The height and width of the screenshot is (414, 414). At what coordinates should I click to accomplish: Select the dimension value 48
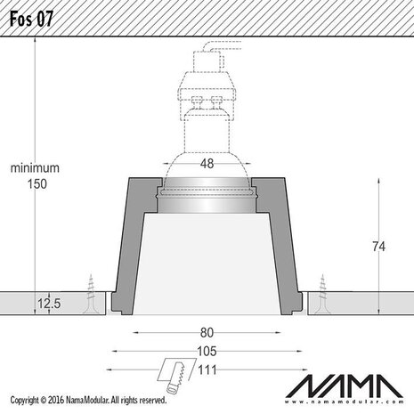pos(206,164)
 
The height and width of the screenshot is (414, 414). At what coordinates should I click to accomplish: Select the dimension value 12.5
pos(50,304)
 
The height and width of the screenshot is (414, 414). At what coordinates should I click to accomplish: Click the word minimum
pos(35,167)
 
